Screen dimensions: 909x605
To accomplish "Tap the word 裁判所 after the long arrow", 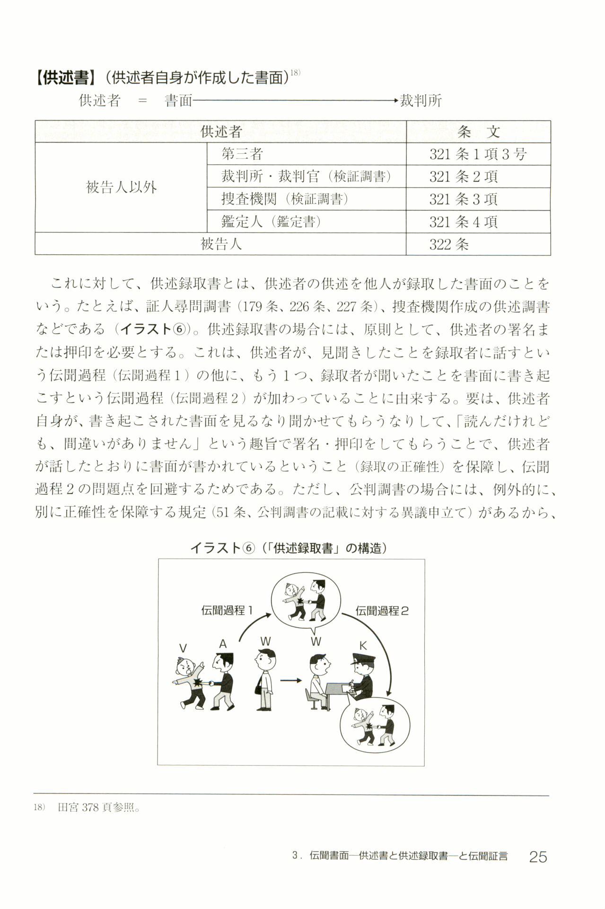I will coord(421,100).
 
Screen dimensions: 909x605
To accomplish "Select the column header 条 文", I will coord(478,132).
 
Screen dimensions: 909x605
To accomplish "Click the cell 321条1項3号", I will coord(478,154).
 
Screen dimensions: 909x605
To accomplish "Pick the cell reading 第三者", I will coord(242,154).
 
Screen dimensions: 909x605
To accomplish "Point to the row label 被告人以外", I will coord(121,187).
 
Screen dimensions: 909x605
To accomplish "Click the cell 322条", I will coord(449,244).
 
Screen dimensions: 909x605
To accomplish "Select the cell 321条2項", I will coord(463,177).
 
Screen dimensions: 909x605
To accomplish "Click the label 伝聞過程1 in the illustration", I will coord(227,611).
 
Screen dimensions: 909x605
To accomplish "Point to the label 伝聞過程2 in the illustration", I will coord(382,611).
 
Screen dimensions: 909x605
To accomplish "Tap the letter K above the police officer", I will coord(363,646).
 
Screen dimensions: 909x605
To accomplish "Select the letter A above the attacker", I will coord(223,644).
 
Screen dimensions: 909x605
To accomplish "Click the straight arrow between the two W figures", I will coord(290,681).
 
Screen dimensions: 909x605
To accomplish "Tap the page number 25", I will coord(538,857).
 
